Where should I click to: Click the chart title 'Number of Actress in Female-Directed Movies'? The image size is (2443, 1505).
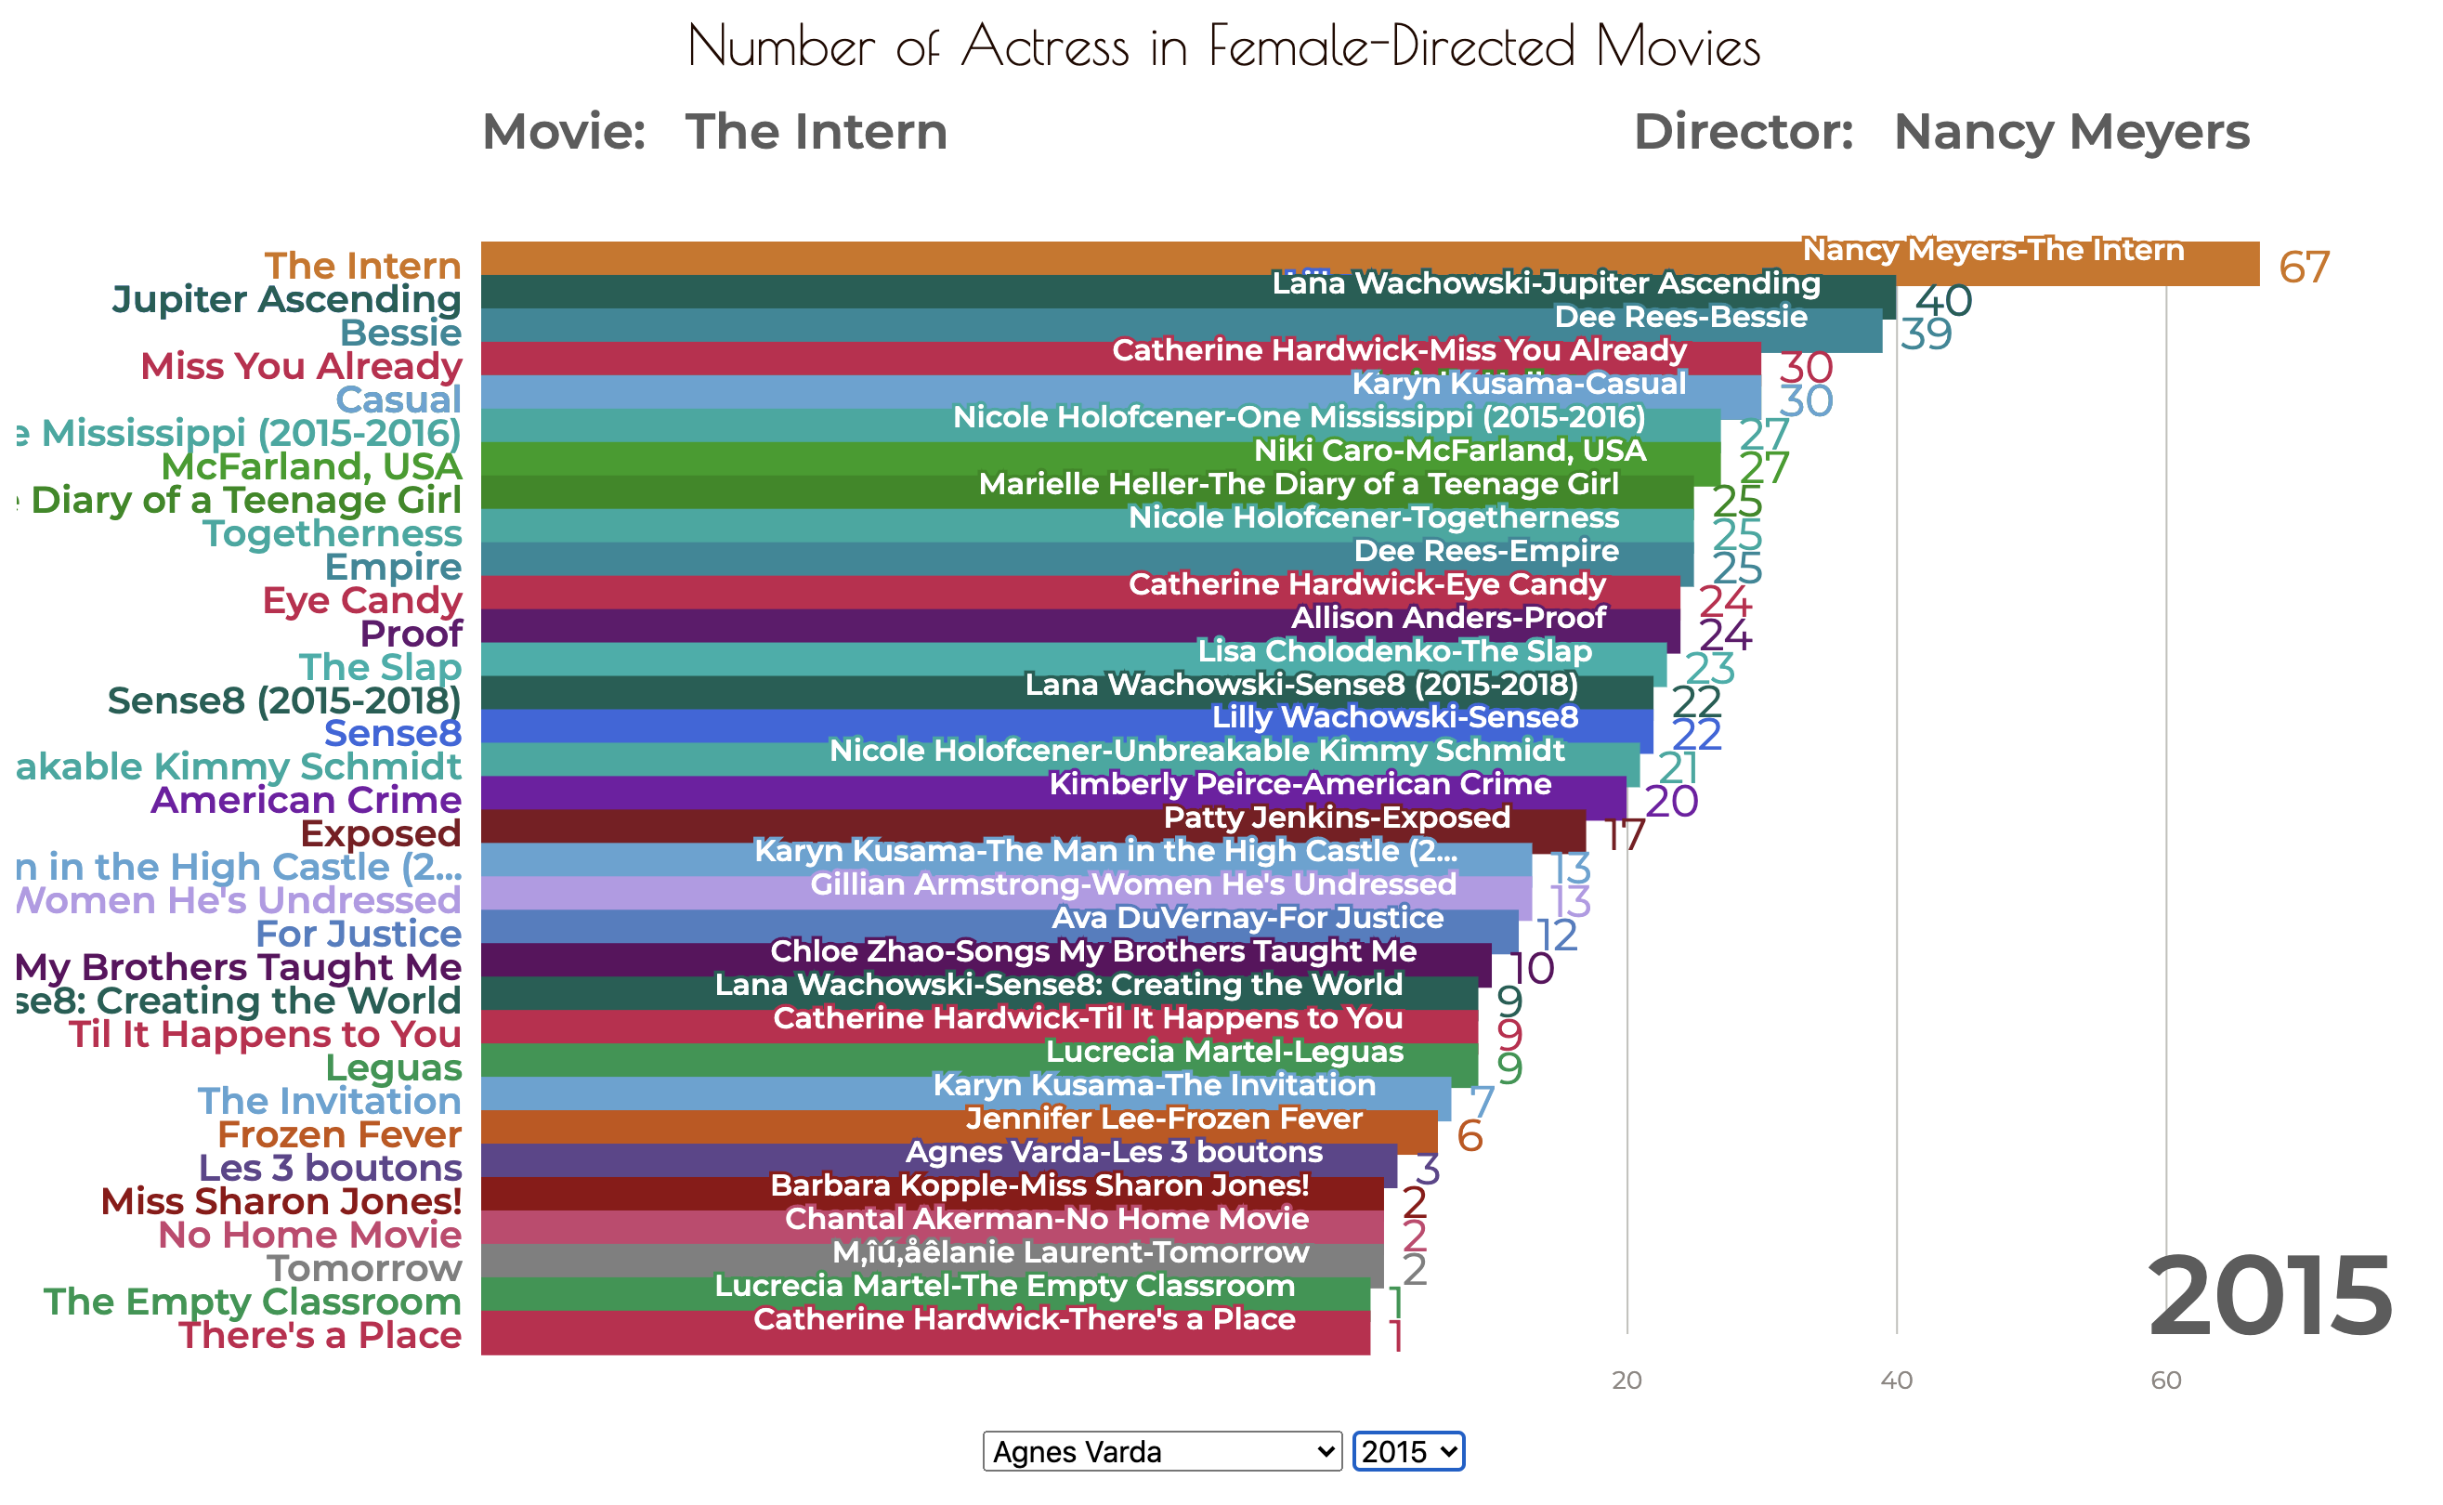[x=1223, y=46]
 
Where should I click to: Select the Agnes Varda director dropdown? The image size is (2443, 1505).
[x=1161, y=1451]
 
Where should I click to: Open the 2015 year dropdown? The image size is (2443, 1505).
[x=1408, y=1451]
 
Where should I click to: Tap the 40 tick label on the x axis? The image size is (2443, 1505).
[x=1896, y=1381]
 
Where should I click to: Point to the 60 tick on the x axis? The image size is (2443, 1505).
[x=2165, y=1381]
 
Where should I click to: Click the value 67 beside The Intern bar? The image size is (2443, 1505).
[x=2304, y=267]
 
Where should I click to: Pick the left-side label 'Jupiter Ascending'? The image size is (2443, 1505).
[x=287, y=299]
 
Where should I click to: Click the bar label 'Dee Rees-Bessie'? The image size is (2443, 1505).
[x=1680, y=317]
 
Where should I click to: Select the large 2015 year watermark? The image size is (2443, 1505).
[x=2270, y=1298]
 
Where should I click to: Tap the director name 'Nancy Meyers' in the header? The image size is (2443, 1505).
[x=2071, y=132]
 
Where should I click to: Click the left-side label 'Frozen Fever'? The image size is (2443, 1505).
[x=339, y=1134]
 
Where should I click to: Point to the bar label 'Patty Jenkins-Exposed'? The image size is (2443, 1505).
[x=1337, y=818]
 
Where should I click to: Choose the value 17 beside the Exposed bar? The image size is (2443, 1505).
[x=1624, y=835]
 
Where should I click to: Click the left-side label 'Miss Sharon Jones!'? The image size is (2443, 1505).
[x=281, y=1201]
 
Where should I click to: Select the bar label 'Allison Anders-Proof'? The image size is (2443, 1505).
[x=1448, y=617]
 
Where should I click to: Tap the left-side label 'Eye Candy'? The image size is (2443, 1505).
[x=362, y=600]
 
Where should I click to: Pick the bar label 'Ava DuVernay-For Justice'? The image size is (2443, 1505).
[x=1247, y=918]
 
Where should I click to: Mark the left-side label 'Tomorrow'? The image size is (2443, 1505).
[x=364, y=1268]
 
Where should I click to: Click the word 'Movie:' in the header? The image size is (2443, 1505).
[x=564, y=132]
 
